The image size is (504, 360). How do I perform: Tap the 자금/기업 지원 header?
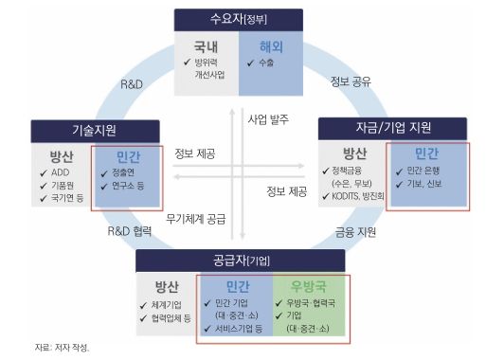click(x=393, y=127)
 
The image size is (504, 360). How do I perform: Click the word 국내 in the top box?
click(x=205, y=45)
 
